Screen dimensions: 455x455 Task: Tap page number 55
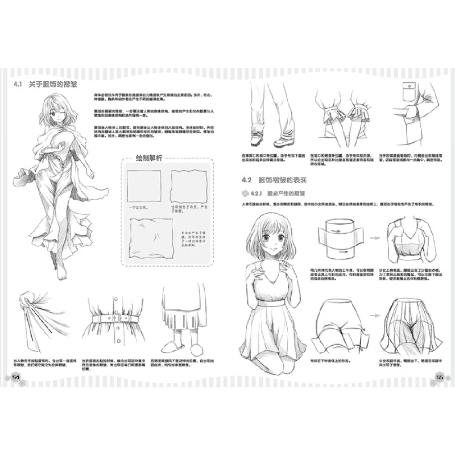(x=439, y=377)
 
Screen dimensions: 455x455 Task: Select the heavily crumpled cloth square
(x=149, y=237)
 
